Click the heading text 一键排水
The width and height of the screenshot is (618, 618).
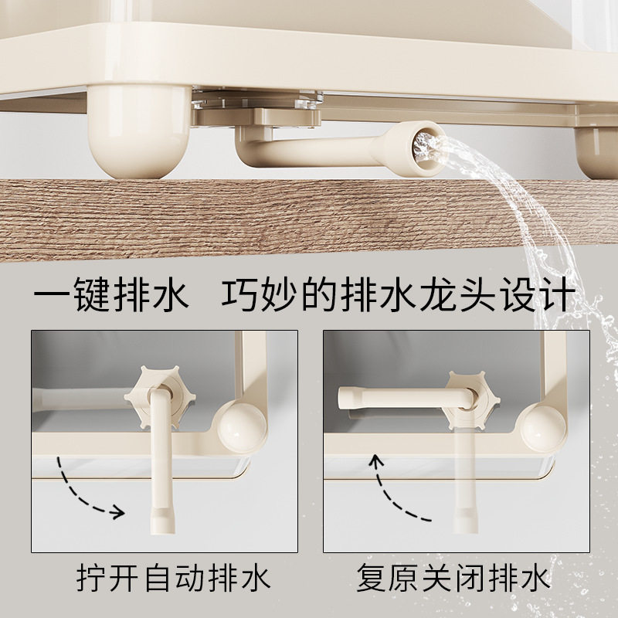(111, 296)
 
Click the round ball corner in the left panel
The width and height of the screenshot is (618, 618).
(243, 427)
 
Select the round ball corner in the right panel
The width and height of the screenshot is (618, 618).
(545, 428)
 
